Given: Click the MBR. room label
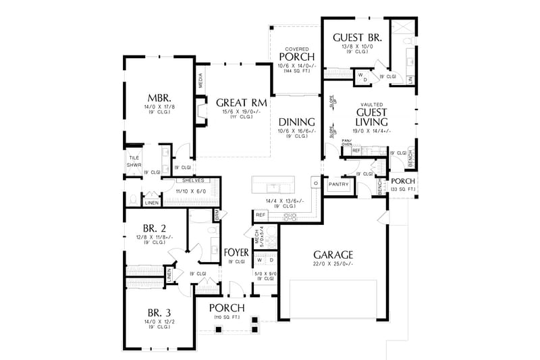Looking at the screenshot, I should (159, 97).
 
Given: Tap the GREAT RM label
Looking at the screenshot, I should (241, 103).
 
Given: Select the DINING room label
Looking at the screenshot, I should (296, 122).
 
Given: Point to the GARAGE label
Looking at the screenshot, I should (333, 255).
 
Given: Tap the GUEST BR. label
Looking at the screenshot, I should (358, 38).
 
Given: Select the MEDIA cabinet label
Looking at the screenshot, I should (201, 81).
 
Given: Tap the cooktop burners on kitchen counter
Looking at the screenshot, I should (291, 216).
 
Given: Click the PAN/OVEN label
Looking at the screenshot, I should (347, 143).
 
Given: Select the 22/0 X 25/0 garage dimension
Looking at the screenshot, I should (333, 265).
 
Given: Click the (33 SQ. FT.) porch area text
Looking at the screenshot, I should (403, 190).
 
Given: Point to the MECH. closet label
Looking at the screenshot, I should (256, 235).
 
